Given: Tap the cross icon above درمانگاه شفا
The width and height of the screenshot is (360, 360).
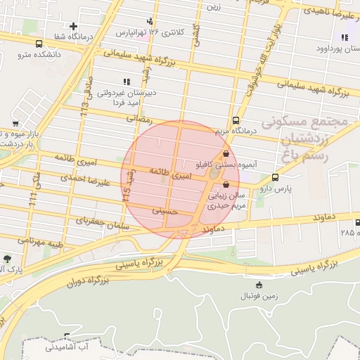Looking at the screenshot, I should pyautogui.click(x=73, y=27).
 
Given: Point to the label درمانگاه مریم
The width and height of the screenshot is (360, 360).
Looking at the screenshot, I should pyautogui.click(x=236, y=131).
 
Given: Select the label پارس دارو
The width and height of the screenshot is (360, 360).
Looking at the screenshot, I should pyautogui.click(x=274, y=188).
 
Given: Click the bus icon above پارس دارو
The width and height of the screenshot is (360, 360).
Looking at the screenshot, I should pyautogui.click(x=275, y=177).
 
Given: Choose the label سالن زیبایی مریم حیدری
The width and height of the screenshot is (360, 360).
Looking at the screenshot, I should pyautogui.click(x=225, y=202).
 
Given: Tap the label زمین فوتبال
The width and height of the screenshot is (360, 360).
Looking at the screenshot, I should pyautogui.click(x=260, y=297).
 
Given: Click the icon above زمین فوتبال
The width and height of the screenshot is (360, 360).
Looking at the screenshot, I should pyautogui.click(x=260, y=285).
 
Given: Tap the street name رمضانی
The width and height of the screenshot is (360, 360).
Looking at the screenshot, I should pyautogui.click(x=139, y=119).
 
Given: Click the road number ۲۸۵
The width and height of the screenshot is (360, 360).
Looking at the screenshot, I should pyautogui.click(x=347, y=231).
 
